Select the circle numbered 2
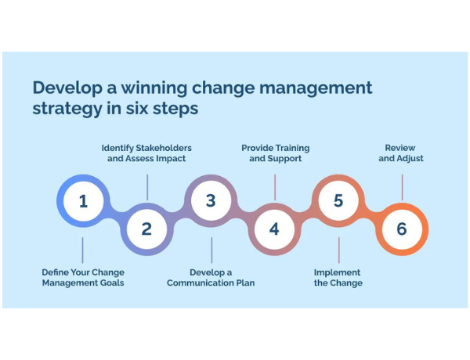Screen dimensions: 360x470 pos(146,229)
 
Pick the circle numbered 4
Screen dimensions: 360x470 pos(274,229)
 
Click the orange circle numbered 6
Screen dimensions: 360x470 pos(402,229)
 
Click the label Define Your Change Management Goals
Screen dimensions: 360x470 pos(83,277)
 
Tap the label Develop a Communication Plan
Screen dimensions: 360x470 pos(211,277)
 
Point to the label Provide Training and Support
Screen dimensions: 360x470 pos(275,153)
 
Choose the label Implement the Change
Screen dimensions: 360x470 pos(338,277)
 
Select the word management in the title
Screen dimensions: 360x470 pos(309,87)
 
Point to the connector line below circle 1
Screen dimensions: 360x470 pos(83,250)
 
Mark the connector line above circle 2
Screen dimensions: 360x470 pos(147,186)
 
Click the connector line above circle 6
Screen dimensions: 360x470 pos(402,186)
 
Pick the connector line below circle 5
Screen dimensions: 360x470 pos(338,250)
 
